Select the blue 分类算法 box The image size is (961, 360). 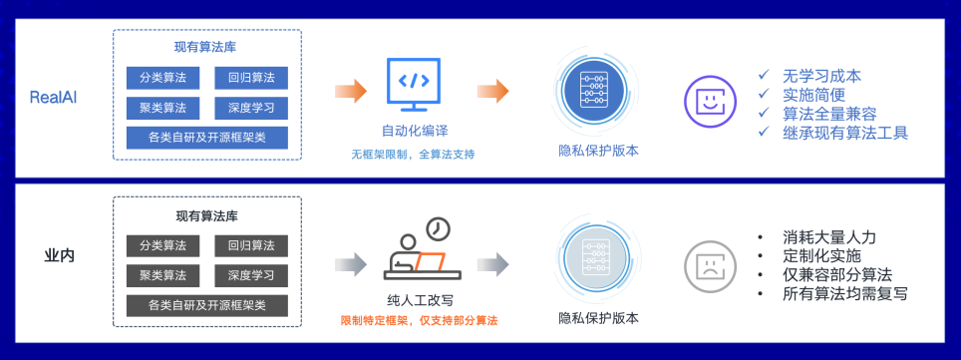pos(163,78)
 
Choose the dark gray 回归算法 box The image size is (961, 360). pos(251,245)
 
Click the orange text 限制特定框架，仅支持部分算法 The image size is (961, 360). pos(419,321)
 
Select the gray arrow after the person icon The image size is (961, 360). pos(492,264)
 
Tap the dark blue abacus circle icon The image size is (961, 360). pos(597,93)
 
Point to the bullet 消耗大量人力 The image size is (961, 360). pos(829,237)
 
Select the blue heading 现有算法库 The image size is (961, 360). pos(207,48)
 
